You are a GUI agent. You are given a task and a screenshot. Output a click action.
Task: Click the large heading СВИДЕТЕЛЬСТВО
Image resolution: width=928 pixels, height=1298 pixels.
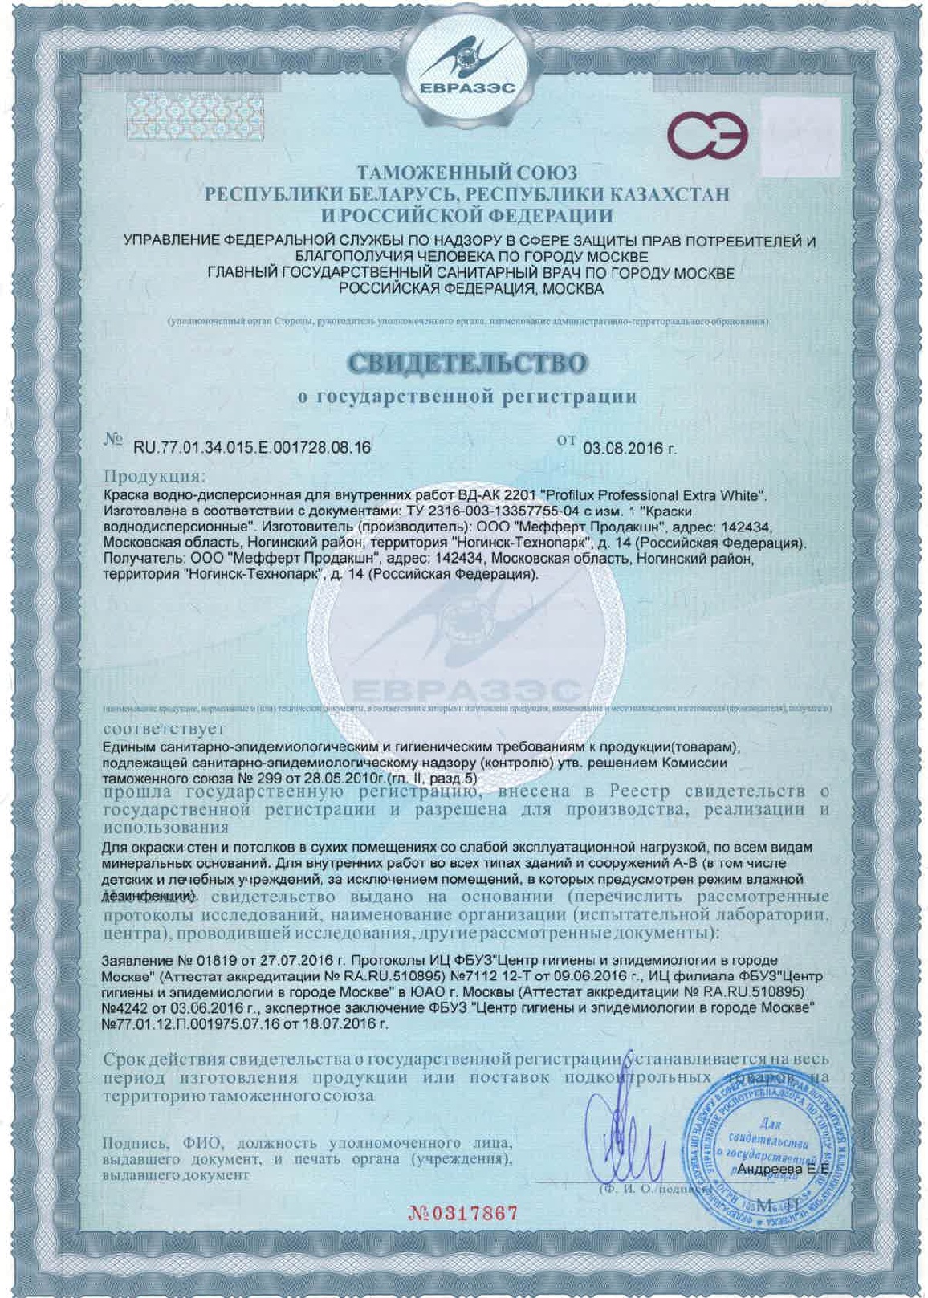(467, 363)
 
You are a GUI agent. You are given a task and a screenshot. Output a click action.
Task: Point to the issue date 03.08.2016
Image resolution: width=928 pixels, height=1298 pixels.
(629, 448)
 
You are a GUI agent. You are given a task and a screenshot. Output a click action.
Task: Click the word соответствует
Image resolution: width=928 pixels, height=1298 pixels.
(164, 730)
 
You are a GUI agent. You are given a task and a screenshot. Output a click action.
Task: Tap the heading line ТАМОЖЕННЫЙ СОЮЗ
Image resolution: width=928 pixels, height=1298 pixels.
(467, 173)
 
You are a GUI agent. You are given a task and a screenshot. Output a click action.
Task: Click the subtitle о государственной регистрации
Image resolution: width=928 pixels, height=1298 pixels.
(467, 396)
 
